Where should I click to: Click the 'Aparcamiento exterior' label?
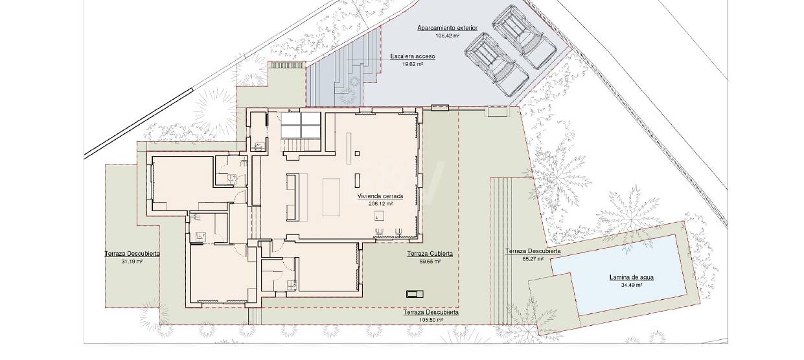point(447,28)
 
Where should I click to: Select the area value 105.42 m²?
point(448,36)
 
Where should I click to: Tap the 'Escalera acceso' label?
point(413,56)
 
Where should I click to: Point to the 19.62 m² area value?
point(413,65)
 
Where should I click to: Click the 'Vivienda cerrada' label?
point(380,196)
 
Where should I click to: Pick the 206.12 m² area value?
point(380,204)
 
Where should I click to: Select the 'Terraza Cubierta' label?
point(430,254)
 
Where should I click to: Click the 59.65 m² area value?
point(430,262)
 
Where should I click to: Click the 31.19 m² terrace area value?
point(132,262)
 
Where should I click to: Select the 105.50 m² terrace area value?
point(431,320)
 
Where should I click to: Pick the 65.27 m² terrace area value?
point(533,259)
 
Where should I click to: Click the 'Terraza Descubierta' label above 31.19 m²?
point(132,254)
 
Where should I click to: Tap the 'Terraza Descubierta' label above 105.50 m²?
point(431,312)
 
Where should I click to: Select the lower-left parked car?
point(496,65)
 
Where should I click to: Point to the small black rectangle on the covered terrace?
point(415,295)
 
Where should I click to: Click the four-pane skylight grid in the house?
point(300,125)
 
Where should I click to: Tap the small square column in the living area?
point(357,153)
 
